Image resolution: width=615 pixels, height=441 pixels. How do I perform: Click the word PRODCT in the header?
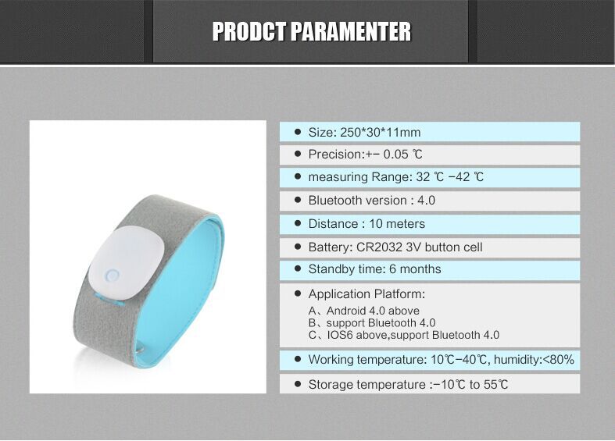click(x=249, y=32)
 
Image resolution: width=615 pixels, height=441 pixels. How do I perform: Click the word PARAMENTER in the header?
click(x=351, y=32)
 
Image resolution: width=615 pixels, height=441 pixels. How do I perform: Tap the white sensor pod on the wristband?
click(x=127, y=263)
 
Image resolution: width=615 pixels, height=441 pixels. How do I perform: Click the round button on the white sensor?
click(x=112, y=276)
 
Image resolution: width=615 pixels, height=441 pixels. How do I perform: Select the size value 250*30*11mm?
click(x=380, y=133)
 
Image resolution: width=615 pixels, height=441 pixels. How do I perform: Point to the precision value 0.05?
click(x=395, y=155)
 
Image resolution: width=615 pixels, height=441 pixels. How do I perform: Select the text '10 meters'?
click(x=397, y=224)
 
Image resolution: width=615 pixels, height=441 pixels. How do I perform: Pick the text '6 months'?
click(x=415, y=269)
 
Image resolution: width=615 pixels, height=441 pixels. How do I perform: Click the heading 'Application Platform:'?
click(x=366, y=293)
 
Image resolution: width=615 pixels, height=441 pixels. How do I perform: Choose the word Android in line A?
click(x=347, y=311)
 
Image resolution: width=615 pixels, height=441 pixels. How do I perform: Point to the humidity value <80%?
click(x=558, y=359)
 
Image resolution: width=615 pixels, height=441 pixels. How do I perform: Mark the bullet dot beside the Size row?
click(x=298, y=132)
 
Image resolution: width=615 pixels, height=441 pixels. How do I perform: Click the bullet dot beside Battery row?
click(x=298, y=247)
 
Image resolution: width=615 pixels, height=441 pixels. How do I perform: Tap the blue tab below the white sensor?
click(x=109, y=298)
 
